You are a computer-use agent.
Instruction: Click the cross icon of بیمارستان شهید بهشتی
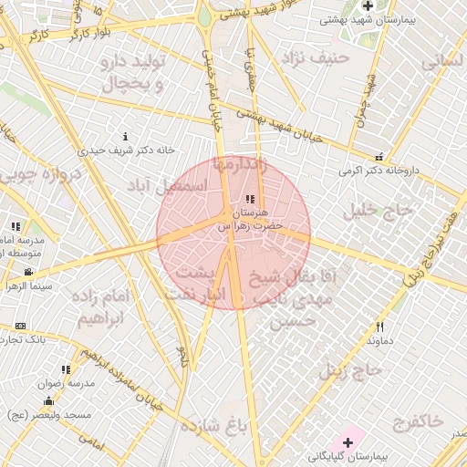(367, 5)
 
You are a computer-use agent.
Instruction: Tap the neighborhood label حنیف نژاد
(315, 58)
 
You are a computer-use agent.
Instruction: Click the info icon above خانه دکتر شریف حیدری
(126, 136)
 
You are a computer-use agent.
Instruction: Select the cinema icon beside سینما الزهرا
(29, 272)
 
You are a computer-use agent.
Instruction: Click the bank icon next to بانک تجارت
(20, 326)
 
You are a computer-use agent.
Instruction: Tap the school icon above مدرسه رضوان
(65, 369)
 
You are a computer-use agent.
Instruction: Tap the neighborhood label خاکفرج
(418, 420)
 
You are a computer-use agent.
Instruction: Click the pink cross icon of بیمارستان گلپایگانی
(348, 442)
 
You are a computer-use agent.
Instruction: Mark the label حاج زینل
(348, 370)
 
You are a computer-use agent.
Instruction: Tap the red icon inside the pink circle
(249, 200)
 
